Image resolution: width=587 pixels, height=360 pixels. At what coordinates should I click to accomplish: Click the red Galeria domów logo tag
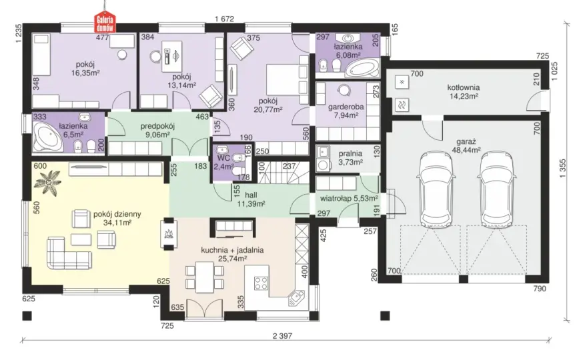105,23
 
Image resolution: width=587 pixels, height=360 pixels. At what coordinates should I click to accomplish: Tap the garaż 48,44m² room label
468,146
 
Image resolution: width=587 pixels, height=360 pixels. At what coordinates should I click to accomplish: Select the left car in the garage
438,187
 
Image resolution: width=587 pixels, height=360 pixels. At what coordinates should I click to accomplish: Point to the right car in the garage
497,187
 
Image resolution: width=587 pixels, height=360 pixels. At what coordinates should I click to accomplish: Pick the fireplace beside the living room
168,234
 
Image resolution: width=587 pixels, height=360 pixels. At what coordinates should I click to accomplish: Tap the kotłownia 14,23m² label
464,92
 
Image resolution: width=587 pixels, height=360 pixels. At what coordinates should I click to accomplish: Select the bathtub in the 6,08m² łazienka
362,69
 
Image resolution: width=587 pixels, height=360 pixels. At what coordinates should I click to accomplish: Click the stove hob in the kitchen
261,283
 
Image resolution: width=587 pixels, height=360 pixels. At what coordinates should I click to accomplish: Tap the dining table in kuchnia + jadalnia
205,277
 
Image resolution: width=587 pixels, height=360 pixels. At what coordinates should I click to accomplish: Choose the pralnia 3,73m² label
350,158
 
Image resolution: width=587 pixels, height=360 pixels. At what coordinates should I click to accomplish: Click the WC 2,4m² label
223,163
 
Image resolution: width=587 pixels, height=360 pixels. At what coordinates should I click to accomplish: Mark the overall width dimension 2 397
283,336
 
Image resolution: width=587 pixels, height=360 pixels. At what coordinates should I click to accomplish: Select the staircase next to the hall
283,173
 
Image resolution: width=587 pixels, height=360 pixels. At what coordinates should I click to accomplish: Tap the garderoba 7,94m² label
346,111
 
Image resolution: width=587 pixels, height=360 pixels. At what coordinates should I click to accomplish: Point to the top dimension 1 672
225,19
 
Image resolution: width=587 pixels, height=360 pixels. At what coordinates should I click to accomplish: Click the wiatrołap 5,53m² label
348,198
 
